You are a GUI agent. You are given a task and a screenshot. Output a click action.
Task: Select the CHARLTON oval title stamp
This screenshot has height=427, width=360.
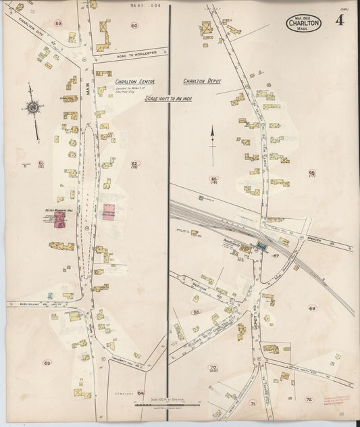click(303, 24)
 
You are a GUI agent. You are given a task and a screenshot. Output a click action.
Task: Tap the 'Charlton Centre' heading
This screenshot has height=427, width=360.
click(134, 82)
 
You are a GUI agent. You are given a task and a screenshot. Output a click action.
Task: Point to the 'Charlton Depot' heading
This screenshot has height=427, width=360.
click(201, 81)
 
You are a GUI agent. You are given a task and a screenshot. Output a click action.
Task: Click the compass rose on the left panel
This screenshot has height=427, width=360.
click(31, 107)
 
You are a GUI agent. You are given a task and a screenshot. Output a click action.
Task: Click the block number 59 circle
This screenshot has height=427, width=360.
click(58, 24)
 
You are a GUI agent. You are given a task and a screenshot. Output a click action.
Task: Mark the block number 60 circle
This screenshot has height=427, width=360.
click(134, 26)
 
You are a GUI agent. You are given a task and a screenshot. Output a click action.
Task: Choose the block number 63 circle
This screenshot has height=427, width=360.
click(47, 363)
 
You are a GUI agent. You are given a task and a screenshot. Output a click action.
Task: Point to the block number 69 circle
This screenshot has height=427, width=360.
click(312, 308)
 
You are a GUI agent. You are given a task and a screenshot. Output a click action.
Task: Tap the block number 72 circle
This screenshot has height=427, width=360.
click(309, 399)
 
